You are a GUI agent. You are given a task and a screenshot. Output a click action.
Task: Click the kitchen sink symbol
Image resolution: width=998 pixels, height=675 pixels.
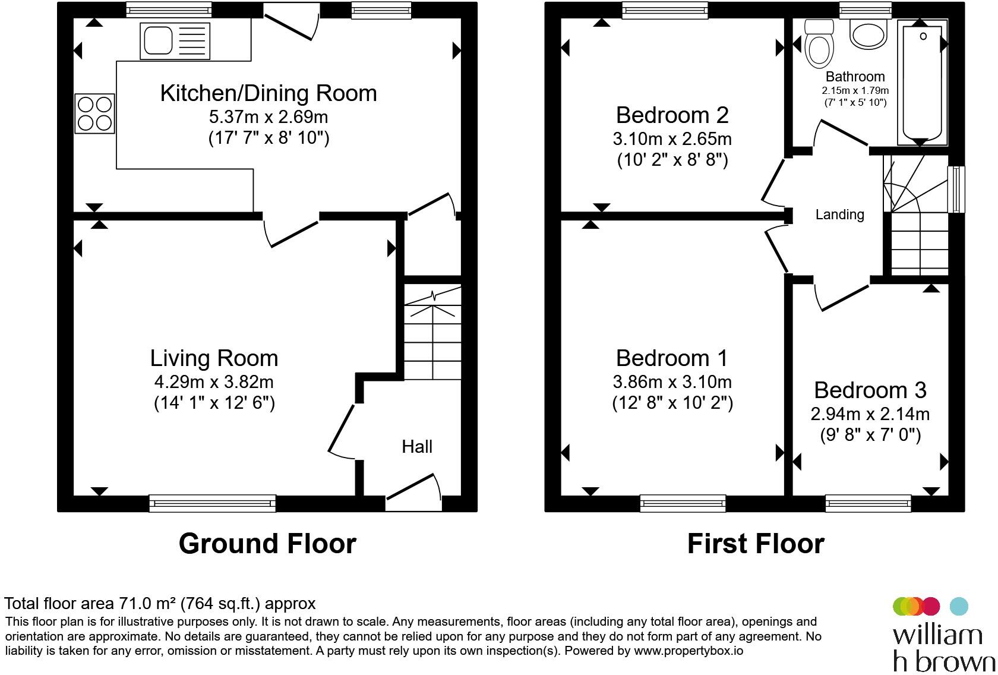coord(175,41)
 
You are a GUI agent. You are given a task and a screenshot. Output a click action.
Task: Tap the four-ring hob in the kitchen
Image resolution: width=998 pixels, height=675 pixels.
coord(95,113)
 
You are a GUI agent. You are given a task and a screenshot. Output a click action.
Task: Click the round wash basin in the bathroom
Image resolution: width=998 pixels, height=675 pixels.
coord(868,34)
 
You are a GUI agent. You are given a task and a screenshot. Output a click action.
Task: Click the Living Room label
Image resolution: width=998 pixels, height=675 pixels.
coord(214,358)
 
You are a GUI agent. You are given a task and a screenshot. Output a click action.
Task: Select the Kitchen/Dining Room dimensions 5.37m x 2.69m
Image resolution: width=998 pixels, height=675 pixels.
coord(269,116)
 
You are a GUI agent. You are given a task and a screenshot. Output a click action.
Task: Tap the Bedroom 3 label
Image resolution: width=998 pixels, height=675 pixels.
coord(870,390)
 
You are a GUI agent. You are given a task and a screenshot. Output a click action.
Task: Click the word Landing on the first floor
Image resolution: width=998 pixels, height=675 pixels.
coord(839,215)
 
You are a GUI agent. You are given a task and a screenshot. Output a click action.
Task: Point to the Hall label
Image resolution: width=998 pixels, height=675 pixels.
coord(417,447)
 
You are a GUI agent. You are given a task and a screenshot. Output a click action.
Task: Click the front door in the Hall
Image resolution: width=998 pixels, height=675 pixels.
coord(414,491)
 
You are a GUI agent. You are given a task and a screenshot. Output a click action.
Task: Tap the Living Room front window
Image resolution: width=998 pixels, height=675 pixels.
coord(212,503)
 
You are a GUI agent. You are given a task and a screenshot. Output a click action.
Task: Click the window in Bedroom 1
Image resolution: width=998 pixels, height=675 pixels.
coord(683,503)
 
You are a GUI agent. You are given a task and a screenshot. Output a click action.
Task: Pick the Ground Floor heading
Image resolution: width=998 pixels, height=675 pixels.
coord(267,544)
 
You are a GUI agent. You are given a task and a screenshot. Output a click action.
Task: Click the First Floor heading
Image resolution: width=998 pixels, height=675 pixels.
coord(756,544)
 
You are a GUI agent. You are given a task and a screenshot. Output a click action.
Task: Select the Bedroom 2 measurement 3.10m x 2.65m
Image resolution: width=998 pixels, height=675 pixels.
coord(672,139)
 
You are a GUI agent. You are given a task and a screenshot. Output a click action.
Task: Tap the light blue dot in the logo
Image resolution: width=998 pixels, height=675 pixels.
coord(959,606)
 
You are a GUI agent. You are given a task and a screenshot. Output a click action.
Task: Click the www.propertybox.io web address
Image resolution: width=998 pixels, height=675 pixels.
coord(688,651)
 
